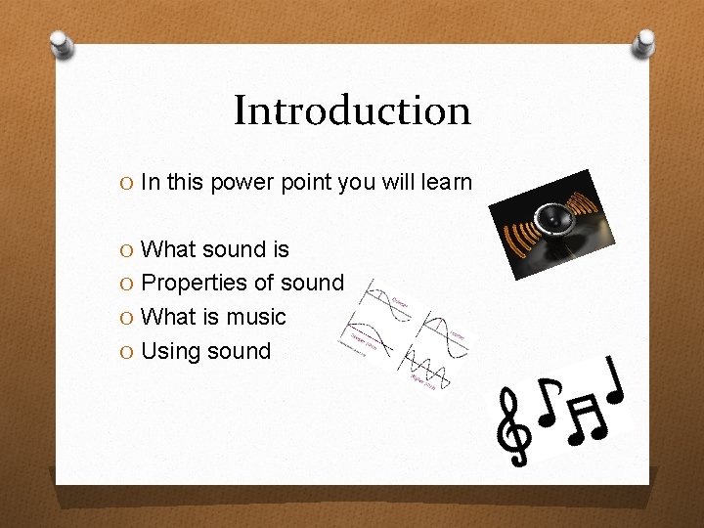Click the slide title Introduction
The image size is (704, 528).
pos(352,110)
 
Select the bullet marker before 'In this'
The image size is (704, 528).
pos(126,183)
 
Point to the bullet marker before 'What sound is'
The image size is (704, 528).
pos(126,250)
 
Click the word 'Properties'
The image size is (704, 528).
pos(194,284)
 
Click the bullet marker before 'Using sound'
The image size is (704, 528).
pos(126,351)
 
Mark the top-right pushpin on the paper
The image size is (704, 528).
pos(643,41)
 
